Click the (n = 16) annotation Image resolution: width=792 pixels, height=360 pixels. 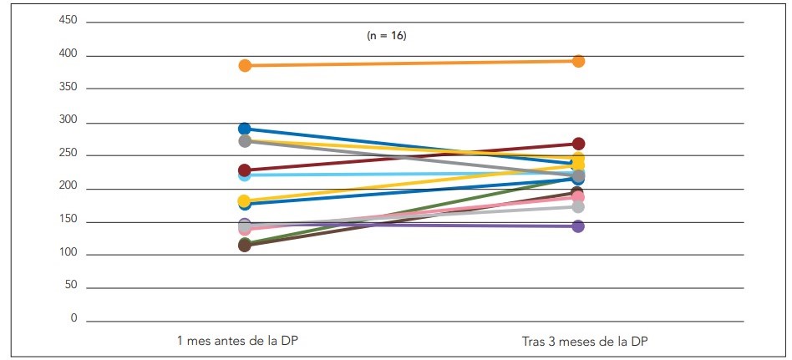(x=387, y=36)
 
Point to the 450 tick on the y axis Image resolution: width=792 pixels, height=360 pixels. (x=69, y=22)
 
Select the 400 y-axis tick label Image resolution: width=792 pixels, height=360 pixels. (x=69, y=55)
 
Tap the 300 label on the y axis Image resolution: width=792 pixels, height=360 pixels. (x=69, y=122)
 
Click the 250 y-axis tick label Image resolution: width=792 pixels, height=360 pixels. (x=69, y=155)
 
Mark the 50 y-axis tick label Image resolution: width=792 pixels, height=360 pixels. (x=72, y=286)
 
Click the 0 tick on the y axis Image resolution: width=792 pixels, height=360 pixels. (x=74, y=319)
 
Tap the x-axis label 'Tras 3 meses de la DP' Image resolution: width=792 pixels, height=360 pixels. (x=579, y=341)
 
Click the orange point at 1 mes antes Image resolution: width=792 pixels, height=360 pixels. (x=245, y=65)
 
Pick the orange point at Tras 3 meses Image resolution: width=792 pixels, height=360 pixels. (x=578, y=61)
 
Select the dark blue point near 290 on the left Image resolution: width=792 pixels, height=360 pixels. (x=245, y=129)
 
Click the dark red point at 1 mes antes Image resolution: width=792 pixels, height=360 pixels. (x=245, y=170)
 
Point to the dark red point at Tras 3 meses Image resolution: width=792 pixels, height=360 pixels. (x=578, y=144)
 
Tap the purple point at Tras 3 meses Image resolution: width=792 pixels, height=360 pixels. (x=578, y=226)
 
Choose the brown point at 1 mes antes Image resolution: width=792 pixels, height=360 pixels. (x=245, y=246)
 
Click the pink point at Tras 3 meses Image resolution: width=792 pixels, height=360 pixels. (x=578, y=197)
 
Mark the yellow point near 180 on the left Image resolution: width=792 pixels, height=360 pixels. (x=245, y=200)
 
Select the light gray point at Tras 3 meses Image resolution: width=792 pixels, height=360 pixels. (x=578, y=206)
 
